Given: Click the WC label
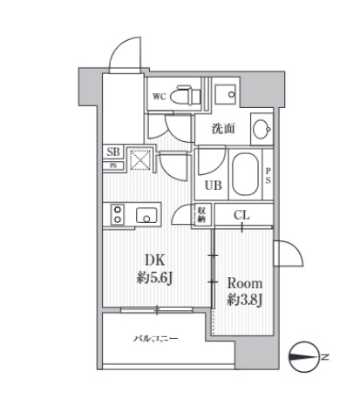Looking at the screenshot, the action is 160,97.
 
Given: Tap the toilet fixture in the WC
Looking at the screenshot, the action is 185,95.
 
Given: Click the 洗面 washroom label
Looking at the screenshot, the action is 223,129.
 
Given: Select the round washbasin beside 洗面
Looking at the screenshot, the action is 262,129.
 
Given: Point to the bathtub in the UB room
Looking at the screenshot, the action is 245,174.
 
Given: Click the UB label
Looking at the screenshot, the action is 214,186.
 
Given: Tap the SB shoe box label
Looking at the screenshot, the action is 113,152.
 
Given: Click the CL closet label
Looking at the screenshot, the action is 241,215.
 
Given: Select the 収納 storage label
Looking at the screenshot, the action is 200,215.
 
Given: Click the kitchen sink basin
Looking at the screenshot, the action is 146,215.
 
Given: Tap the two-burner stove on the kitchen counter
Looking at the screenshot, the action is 118,214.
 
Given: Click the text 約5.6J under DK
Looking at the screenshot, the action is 154,279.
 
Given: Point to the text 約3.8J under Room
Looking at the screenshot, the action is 245,301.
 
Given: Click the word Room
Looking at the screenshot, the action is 245,283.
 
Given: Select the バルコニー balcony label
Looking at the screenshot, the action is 155,339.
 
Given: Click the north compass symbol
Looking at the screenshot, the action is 304,356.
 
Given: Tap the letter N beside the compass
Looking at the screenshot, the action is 325,356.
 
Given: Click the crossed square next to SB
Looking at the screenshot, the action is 140,159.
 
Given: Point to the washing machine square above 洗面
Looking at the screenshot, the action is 225,94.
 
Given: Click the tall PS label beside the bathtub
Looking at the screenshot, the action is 268,175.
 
